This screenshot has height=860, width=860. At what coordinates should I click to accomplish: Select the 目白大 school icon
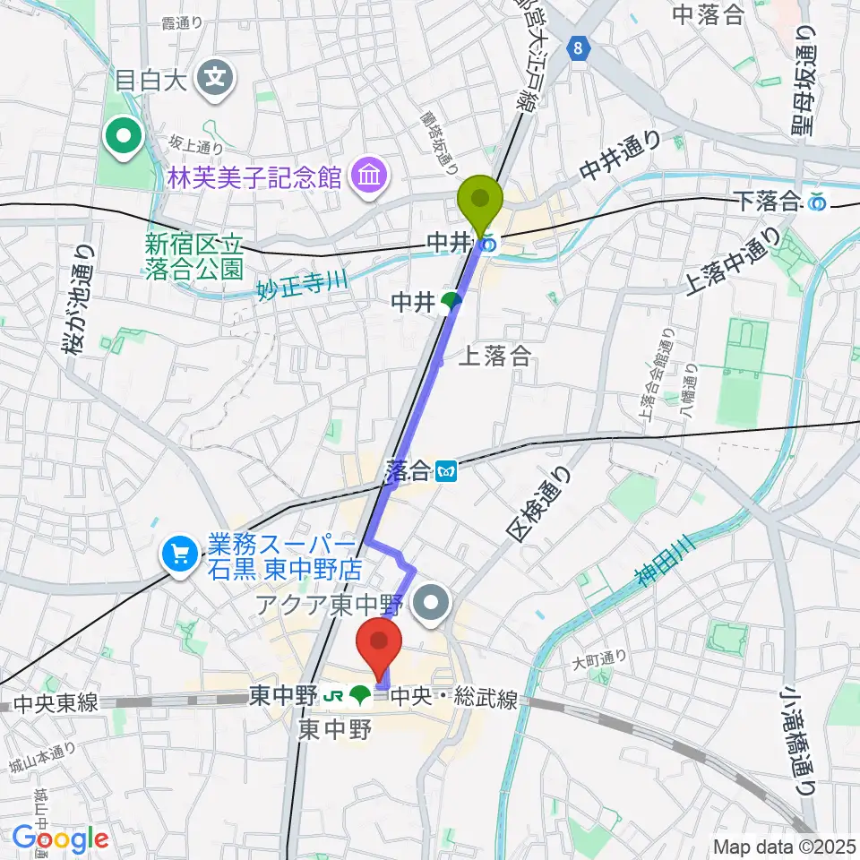(215, 78)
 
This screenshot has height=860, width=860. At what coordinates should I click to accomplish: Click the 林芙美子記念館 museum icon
(367, 173)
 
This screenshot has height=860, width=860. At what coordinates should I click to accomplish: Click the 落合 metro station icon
(446, 469)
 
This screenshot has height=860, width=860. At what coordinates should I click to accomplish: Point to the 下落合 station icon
(817, 202)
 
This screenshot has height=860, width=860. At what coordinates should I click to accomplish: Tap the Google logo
(60, 838)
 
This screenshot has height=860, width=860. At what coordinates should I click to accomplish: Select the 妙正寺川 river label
(304, 283)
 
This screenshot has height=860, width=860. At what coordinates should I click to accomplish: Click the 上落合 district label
(494, 357)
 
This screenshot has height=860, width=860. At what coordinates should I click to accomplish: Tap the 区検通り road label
(537, 507)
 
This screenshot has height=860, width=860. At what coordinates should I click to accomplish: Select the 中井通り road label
(620, 155)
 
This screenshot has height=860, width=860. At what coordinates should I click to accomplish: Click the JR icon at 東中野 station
(333, 694)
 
